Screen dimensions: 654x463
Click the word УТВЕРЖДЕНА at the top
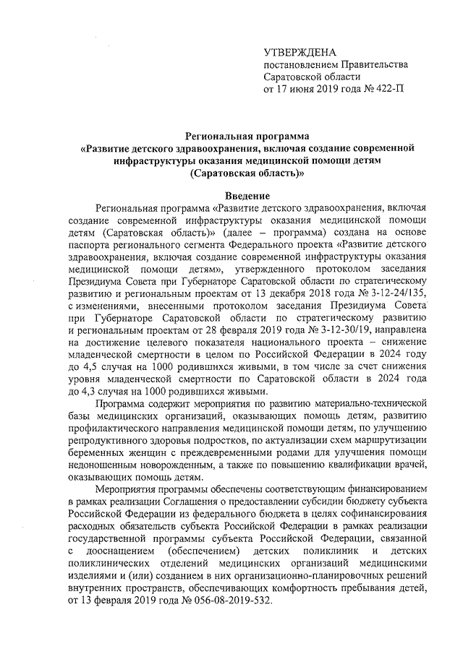pos(300,52)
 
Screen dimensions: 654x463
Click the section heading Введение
pos(247,197)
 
